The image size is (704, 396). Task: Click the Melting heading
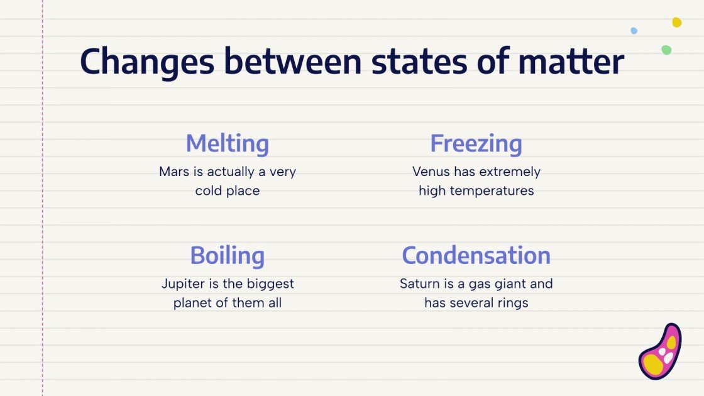227,143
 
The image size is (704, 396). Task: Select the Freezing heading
476,143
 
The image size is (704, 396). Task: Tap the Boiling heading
227,256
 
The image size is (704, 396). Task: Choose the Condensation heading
476,256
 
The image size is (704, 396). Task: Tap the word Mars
173,172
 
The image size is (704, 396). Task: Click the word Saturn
419,284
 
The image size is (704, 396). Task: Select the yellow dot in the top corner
676,23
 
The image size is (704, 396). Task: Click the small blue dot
634,31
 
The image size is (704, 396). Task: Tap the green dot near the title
666,50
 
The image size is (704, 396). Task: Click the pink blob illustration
661,353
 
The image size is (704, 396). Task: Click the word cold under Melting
208,190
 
